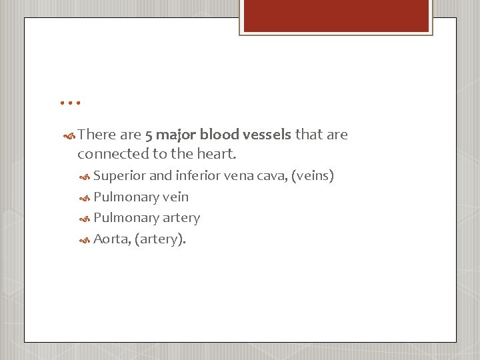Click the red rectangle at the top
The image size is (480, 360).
pos(335,16)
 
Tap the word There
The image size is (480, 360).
pos(97,135)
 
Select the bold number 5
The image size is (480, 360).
pos(149,135)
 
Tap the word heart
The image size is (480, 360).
pos(218,153)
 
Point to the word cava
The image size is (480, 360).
pos(271,176)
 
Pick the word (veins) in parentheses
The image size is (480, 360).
pos(313,176)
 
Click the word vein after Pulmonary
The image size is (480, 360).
pos(175,197)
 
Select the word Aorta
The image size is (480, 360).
pos(111,239)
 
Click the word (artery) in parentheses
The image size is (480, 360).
pos(160,239)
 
